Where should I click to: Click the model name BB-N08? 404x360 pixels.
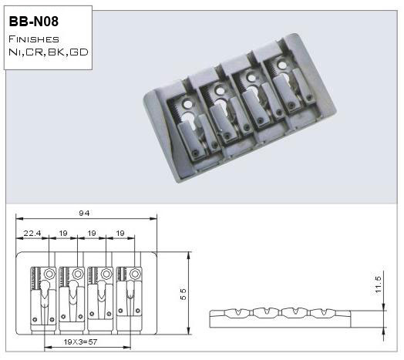(34, 21)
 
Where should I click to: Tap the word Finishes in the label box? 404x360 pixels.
(34, 39)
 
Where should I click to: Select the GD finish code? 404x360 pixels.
(79, 52)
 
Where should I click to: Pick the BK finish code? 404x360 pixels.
(57, 52)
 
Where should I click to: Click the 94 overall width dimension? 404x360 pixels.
(84, 213)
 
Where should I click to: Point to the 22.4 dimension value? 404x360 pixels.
(32, 234)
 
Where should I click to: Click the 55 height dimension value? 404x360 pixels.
(183, 294)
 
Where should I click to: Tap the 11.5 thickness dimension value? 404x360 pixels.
(378, 284)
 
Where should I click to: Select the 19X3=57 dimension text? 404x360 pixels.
(80, 342)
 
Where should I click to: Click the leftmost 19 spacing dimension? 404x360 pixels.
(63, 234)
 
